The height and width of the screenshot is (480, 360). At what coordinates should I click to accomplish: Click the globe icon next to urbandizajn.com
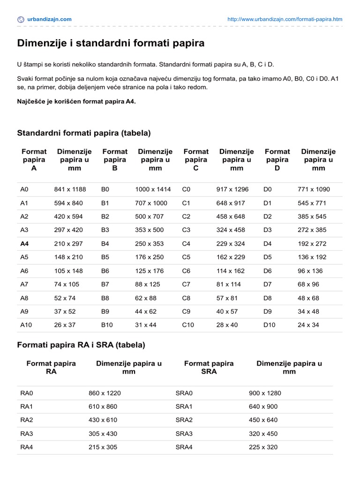pos(21,19)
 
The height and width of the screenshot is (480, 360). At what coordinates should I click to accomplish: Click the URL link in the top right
pos(284,19)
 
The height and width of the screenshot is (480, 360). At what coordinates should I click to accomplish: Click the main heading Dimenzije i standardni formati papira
pos(111,44)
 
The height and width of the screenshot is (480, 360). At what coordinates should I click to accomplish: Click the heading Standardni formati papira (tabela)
pos(84,133)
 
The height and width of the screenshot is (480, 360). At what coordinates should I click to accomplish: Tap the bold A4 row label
pos(25,244)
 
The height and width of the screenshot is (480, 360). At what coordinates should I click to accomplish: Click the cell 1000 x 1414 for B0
pos(153,189)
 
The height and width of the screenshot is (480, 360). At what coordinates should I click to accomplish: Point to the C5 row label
pos(187,257)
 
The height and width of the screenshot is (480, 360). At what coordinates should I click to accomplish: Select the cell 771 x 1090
pos(314,189)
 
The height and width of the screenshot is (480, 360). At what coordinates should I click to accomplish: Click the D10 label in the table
pos(270,325)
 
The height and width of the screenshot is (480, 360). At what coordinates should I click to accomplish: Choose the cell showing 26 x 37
pos(66,325)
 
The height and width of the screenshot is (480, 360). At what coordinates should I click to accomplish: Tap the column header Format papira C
pos(196,159)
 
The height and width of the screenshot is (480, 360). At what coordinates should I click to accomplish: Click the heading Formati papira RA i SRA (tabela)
pos(81,345)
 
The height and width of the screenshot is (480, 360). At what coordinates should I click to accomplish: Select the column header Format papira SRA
pos(209,367)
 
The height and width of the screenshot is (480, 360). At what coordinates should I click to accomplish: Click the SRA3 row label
pos(184,434)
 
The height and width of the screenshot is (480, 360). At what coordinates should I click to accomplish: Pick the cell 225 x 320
pos(263,447)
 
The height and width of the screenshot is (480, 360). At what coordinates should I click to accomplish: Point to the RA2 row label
pos(27,420)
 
